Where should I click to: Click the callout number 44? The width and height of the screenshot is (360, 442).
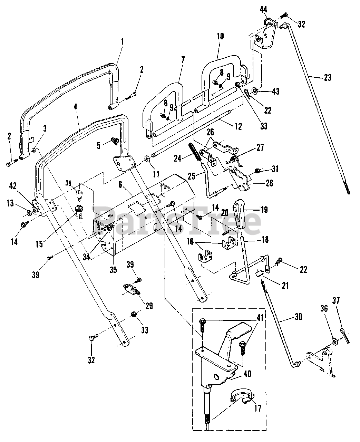pos(263,10)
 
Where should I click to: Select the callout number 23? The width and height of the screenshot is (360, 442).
pos(328,78)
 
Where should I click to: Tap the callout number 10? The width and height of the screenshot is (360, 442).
pos(220,36)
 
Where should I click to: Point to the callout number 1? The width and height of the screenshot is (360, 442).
pos(123,42)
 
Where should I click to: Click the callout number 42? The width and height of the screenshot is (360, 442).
pos(13,186)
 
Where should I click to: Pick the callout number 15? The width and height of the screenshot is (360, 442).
pos(39,244)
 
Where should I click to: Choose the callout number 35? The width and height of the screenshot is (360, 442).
pos(113,270)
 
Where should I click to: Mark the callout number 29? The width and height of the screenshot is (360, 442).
pos(149,306)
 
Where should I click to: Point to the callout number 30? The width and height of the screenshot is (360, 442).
pos(298,317)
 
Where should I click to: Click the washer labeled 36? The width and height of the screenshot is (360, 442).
pos(334,342)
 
